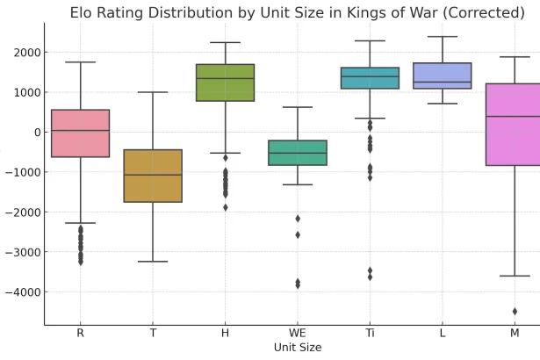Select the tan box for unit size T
tap(153, 176)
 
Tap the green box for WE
tap(298, 153)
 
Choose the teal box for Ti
tap(370, 78)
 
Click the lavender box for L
tap(442, 76)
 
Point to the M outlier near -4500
tap(515, 311)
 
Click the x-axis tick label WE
tap(298, 334)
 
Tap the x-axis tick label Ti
tap(370, 334)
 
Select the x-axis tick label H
tap(225, 334)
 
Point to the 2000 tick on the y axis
tap(24, 53)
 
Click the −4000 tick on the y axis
tap(21, 292)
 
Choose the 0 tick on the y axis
tap(35, 133)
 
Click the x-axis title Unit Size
tap(297, 348)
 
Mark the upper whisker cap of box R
tap(80, 62)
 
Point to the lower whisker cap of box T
tap(153, 262)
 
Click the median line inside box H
tap(225, 79)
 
